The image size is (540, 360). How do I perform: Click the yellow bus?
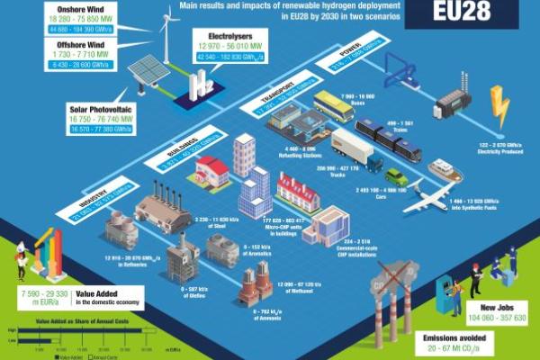click(334, 106)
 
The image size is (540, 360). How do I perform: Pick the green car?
click(396, 176)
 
